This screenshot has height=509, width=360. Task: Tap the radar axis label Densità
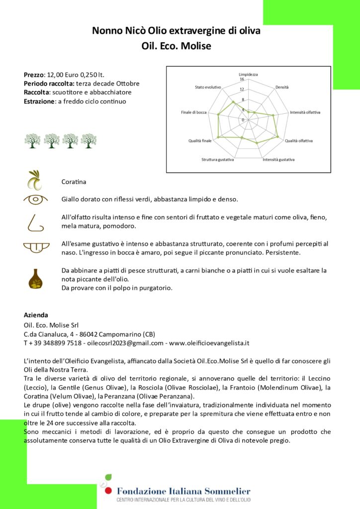(282, 87)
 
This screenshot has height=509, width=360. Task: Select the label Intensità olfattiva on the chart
(305, 112)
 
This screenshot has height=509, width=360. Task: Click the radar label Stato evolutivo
(208, 87)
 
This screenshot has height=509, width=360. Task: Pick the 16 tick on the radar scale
(242, 79)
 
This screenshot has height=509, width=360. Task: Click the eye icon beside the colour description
(36, 199)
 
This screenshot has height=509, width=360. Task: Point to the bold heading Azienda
(36, 315)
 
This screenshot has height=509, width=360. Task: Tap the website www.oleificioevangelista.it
(209, 343)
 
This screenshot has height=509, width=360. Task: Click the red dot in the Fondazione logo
(108, 491)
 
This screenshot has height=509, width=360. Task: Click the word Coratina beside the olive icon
(74, 182)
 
